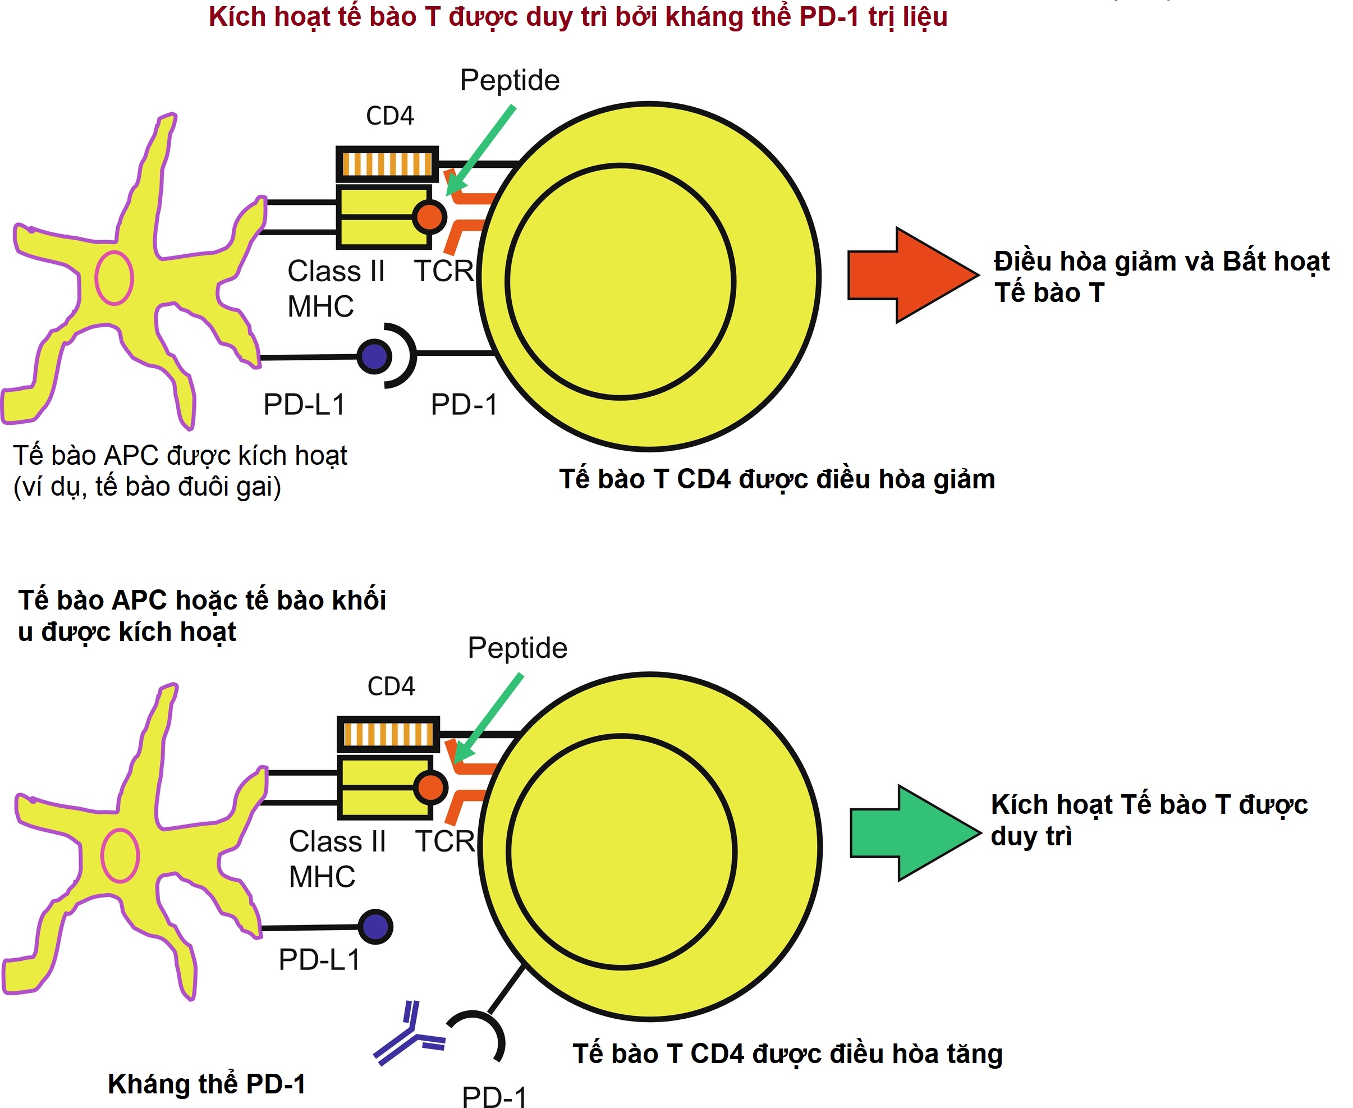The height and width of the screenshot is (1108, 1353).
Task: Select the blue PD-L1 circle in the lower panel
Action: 375,927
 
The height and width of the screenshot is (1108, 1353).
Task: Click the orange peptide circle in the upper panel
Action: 429,217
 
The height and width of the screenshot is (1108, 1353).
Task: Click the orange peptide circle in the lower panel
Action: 431,787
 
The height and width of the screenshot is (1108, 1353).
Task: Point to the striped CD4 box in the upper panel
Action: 387,164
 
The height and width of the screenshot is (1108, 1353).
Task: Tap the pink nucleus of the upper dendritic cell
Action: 114,278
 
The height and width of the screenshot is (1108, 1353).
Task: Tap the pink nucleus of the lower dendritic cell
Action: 120,855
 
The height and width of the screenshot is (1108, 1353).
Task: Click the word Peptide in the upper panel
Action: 510,80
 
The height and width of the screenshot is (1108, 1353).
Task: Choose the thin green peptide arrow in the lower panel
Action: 490,717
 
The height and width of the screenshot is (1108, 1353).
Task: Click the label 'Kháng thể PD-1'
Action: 206,1084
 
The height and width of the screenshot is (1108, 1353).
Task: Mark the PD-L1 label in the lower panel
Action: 319,960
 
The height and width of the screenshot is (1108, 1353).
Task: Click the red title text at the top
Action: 577,17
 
